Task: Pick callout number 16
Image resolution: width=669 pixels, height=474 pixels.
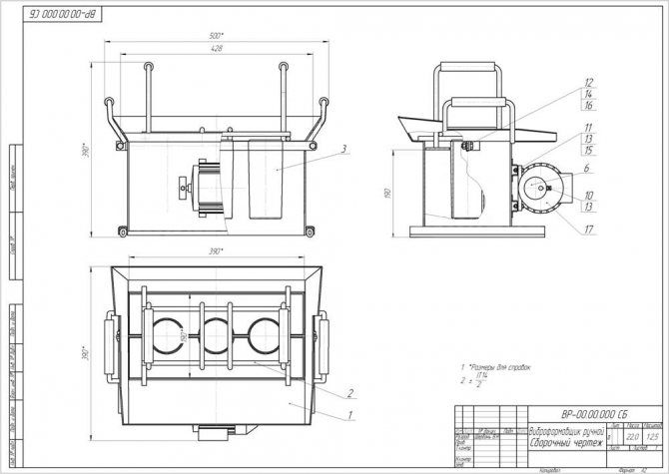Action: tap(589, 104)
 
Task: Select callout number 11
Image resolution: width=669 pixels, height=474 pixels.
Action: tap(589, 128)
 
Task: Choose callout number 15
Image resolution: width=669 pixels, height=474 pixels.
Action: tap(589, 150)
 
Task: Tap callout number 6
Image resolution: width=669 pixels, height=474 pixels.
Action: tap(589, 170)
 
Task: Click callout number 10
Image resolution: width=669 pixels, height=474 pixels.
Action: tap(589, 195)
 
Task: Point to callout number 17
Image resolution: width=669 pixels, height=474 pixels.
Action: tap(589, 229)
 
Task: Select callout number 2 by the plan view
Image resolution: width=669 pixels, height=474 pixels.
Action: tap(351, 391)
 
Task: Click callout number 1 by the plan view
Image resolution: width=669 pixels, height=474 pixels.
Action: tap(351, 411)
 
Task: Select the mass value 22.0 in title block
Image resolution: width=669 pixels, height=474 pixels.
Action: tap(632, 437)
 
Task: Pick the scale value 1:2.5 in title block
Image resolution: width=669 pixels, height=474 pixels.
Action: tap(654, 437)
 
